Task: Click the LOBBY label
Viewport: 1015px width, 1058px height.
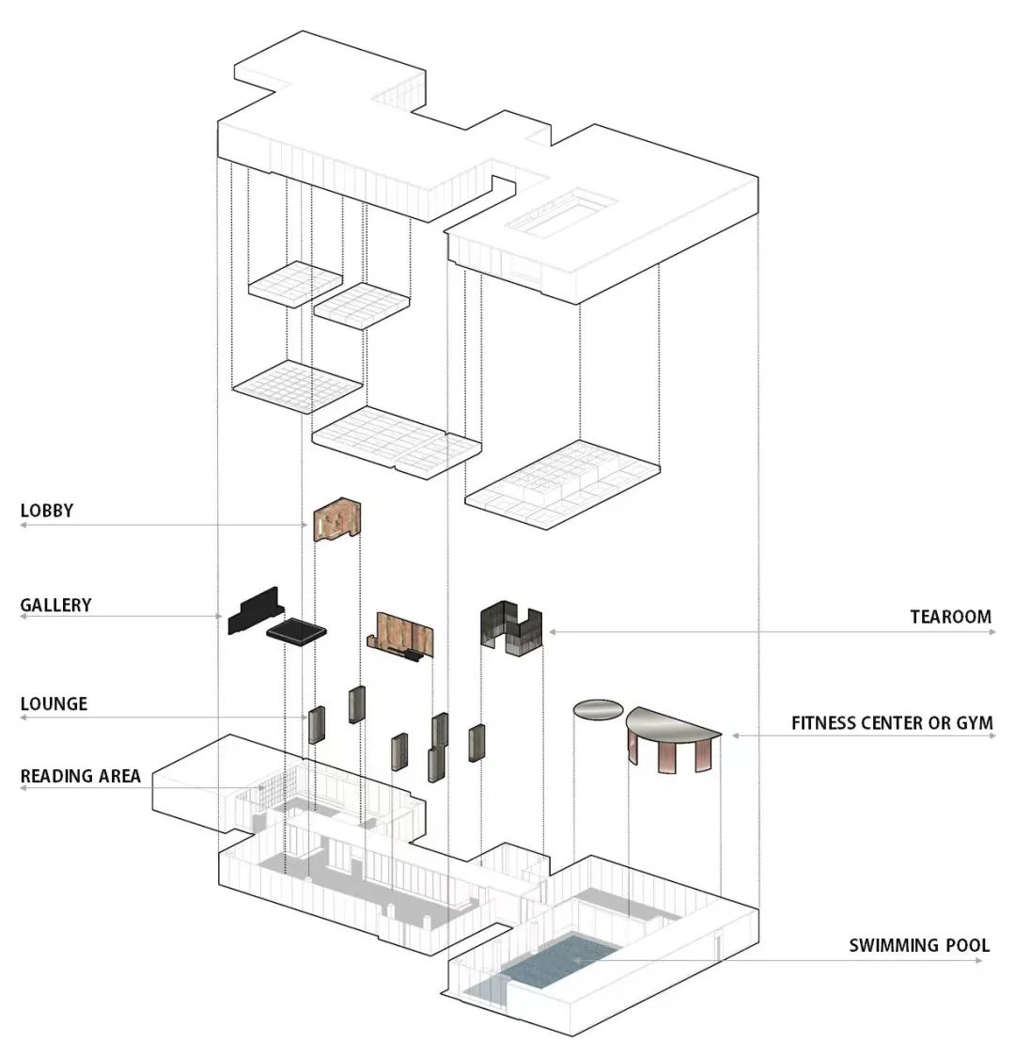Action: (47, 511)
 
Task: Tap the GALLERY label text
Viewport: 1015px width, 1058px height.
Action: (56, 605)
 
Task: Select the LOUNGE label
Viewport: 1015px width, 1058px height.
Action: (54, 703)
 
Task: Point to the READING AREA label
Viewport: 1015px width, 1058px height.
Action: (81, 776)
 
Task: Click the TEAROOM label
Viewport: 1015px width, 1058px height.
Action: (950, 617)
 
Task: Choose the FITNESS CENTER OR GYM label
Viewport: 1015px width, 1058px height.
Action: (892, 723)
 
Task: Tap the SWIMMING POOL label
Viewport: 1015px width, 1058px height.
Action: (919, 945)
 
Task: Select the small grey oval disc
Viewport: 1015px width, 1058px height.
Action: (599, 710)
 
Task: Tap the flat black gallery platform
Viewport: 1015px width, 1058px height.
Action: (296, 631)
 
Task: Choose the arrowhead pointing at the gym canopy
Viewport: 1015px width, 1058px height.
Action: (736, 735)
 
